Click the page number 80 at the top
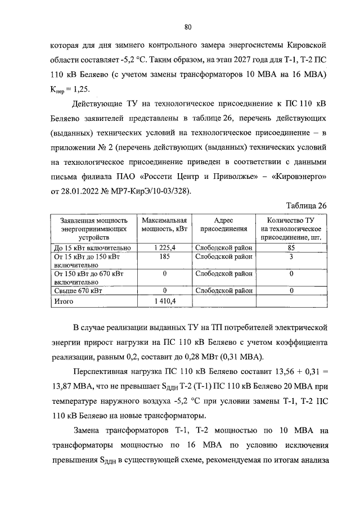pos(188,26)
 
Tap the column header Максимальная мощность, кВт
pos(164,225)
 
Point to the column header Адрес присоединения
pos(224,225)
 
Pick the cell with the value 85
pos(291,248)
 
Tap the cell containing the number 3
pos(291,256)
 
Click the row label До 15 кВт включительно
pos(92,248)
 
